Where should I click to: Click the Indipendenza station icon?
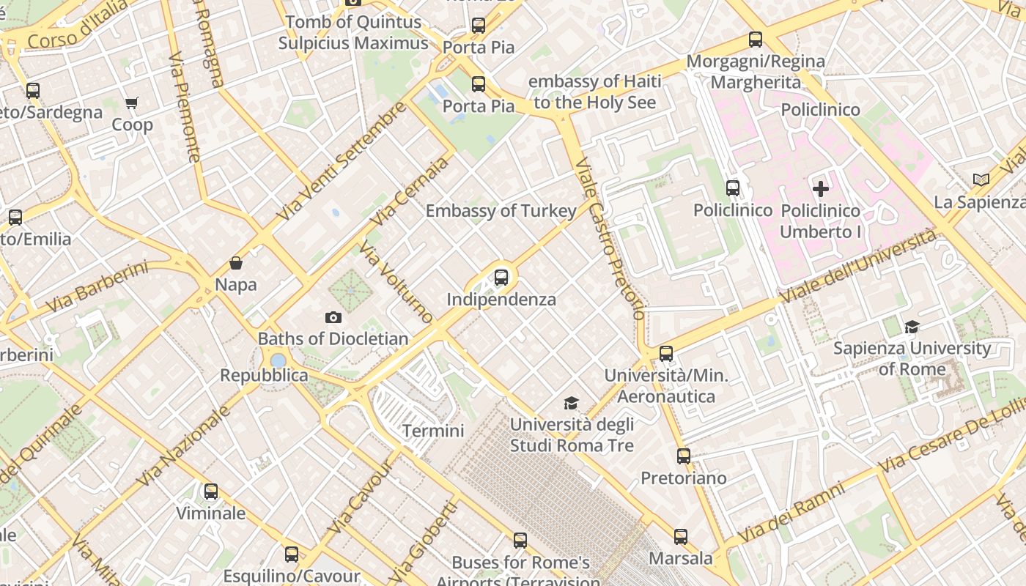[x=501, y=278]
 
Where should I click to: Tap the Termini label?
[x=433, y=431]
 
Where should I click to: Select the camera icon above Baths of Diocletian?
[x=333, y=317]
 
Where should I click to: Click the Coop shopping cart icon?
[x=132, y=103]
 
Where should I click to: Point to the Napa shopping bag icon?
[x=236, y=263]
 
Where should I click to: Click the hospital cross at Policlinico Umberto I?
[x=821, y=189]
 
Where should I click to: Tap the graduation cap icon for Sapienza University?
[x=912, y=327]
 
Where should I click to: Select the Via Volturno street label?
[x=396, y=283]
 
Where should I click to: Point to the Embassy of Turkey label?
[x=501, y=211]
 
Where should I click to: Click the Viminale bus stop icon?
[x=211, y=492]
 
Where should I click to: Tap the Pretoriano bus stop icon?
[x=684, y=456]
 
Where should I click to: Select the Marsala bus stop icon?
[x=681, y=537]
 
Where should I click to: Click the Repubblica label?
[x=265, y=376]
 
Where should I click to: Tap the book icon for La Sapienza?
[x=981, y=179]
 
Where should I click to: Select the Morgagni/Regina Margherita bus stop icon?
[x=756, y=40]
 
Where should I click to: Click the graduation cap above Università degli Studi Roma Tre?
[x=571, y=403]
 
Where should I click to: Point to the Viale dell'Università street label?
[x=858, y=267]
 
